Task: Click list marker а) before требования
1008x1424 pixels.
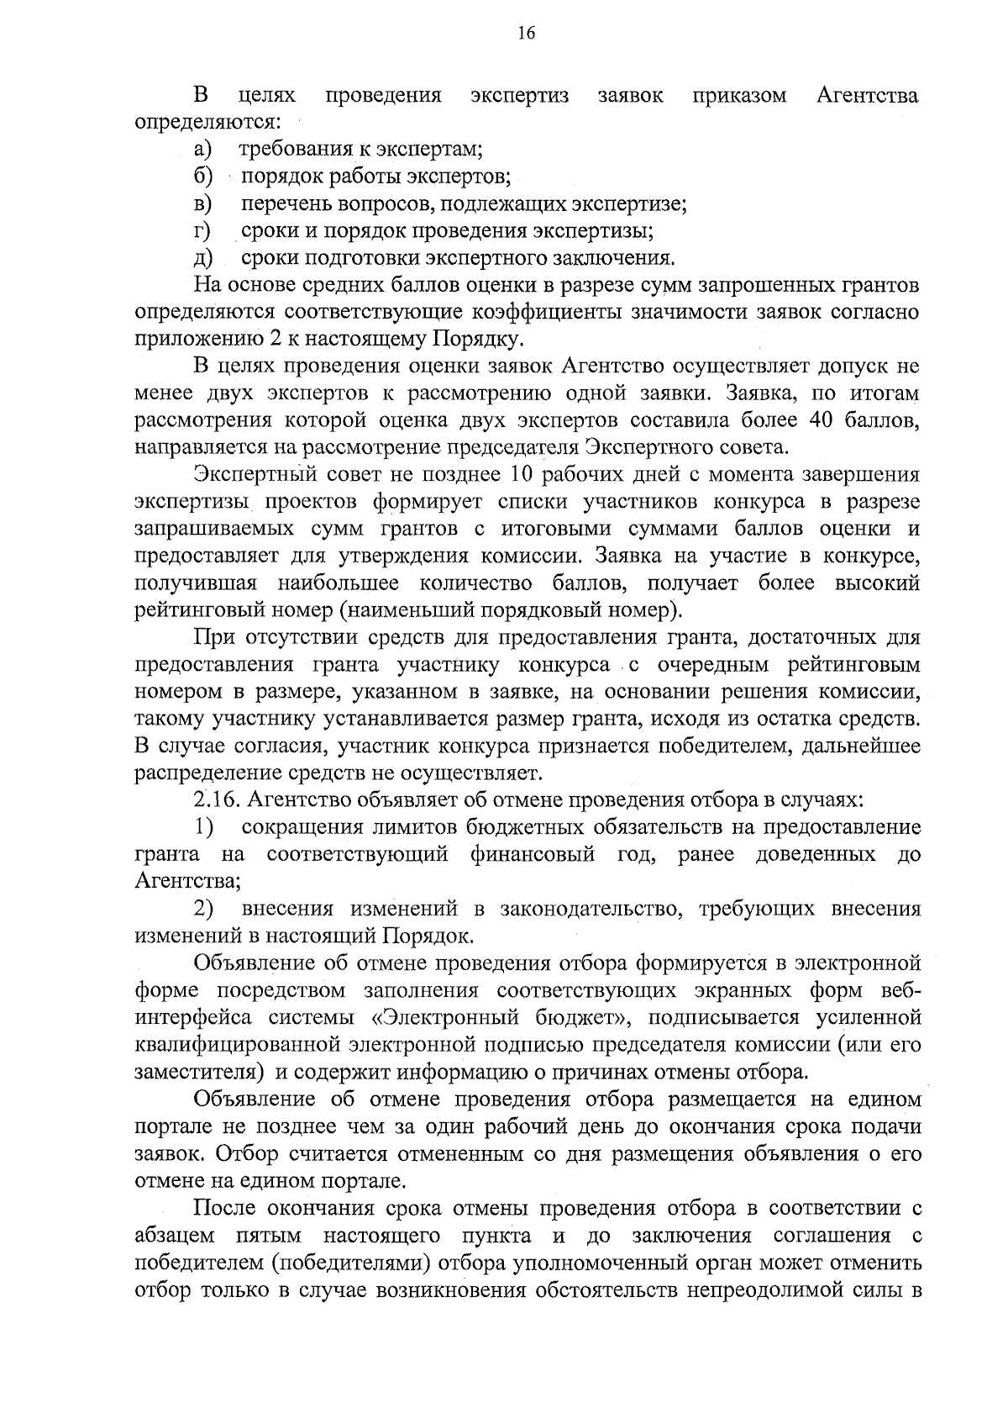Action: click(x=202, y=150)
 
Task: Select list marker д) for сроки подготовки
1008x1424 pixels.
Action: click(x=202, y=258)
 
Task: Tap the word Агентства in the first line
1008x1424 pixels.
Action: click(x=868, y=96)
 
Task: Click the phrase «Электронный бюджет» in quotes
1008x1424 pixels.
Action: click(x=501, y=1018)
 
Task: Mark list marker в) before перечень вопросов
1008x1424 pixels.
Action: click(x=202, y=204)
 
